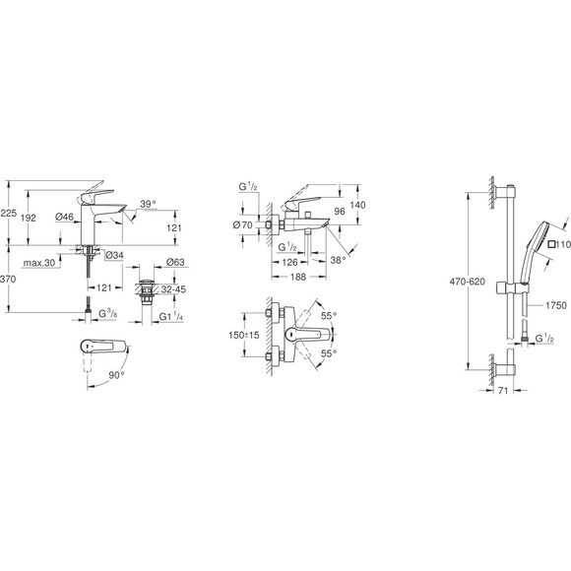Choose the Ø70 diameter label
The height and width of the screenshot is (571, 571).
pyautogui.click(x=242, y=226)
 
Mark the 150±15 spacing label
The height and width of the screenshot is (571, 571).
pyautogui.click(x=242, y=336)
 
